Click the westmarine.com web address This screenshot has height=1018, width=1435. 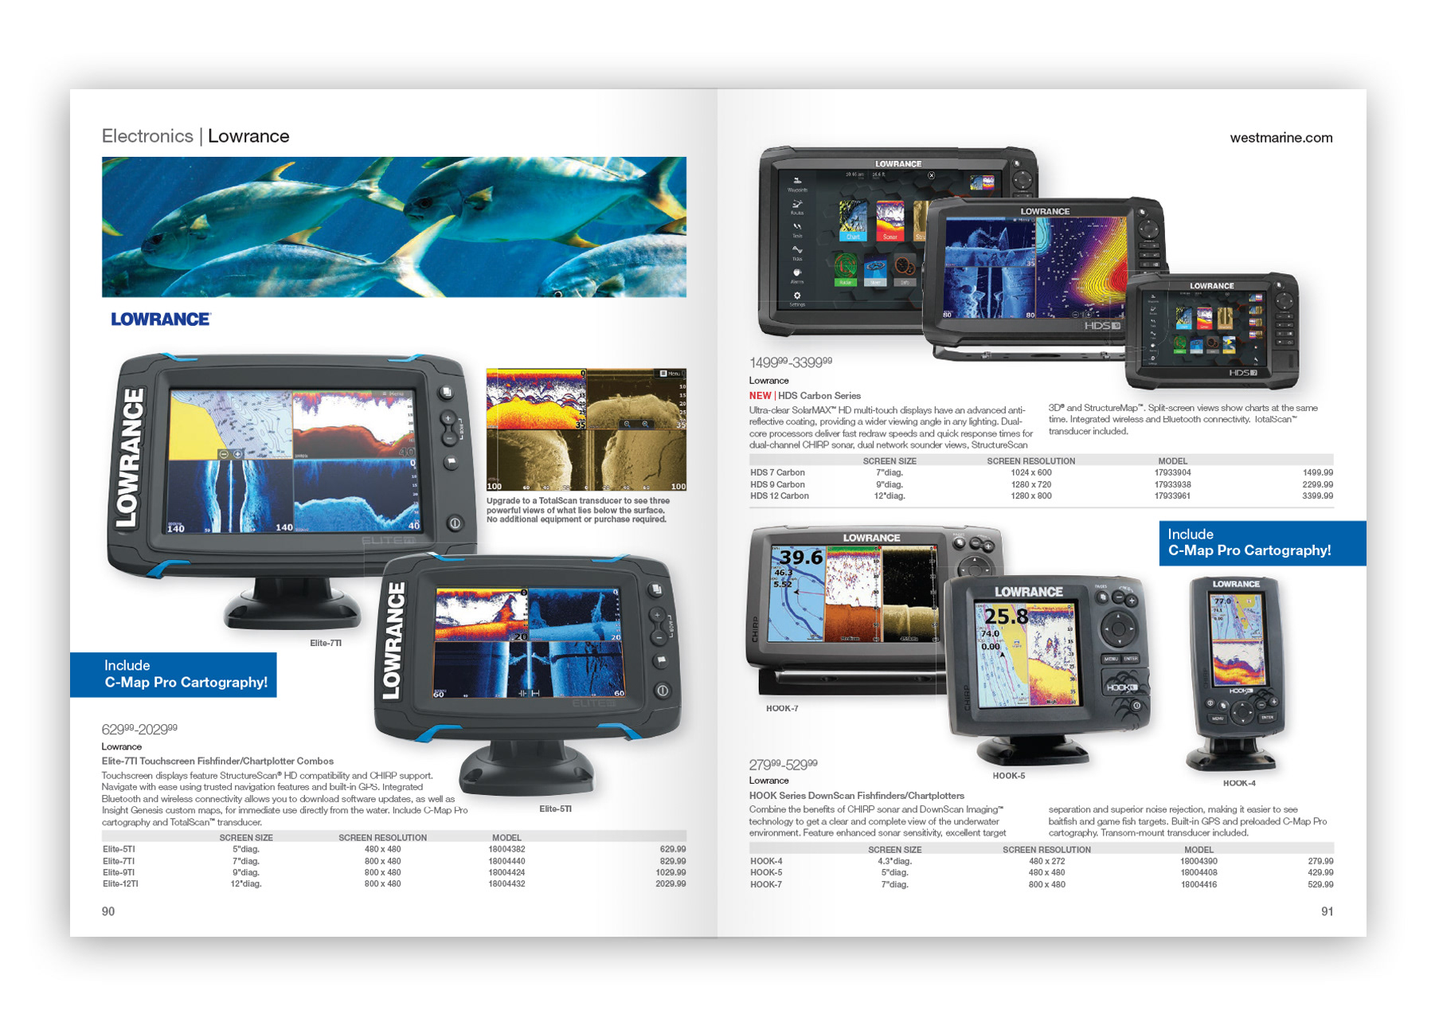pos(1281,138)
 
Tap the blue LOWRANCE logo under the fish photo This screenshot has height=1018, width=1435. pos(160,319)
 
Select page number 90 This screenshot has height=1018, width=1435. pos(108,911)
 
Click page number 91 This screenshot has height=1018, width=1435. pos(1327,911)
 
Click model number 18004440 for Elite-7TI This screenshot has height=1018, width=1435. pos(506,861)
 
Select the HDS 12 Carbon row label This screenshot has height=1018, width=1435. pos(779,495)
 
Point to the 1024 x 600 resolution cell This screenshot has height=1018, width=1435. pos(1030,472)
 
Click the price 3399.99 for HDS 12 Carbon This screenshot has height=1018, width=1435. pos(1317,495)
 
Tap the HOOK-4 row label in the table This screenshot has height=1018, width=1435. pos(766,861)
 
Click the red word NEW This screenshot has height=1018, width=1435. pos(760,396)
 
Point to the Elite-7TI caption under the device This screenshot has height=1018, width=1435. pos(326,643)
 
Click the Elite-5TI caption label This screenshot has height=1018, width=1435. pos(555,809)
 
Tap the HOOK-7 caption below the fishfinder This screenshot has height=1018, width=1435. pos(782,708)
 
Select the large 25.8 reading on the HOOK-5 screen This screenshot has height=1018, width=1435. pos(1006,617)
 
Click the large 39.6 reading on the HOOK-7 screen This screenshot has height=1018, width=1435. pos(800,558)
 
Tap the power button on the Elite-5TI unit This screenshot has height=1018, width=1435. pos(662,691)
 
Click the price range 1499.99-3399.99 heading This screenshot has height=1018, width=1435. pos(790,362)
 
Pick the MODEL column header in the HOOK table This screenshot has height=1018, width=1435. pos(1198,850)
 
